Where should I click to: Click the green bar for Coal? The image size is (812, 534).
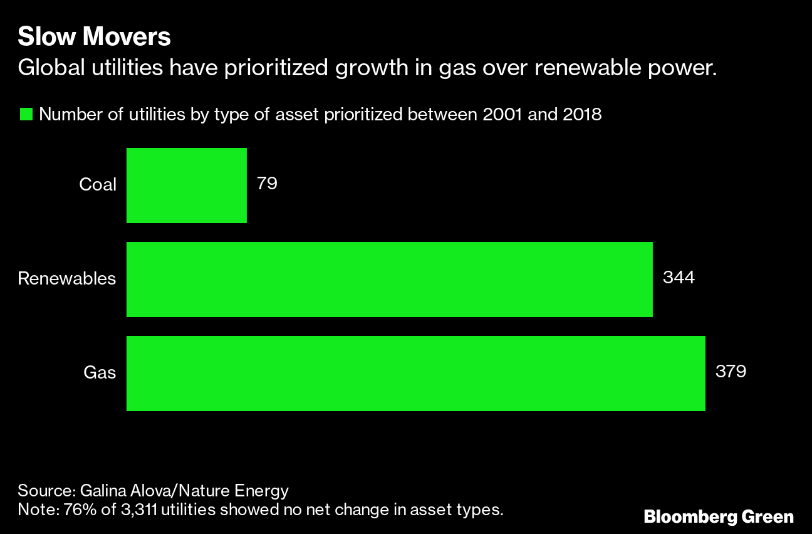[186, 185]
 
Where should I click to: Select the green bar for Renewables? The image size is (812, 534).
[389, 279]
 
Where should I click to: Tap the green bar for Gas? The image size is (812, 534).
[415, 373]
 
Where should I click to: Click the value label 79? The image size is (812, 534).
[267, 184]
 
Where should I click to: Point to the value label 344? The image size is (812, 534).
[679, 278]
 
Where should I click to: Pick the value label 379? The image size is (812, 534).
[731, 372]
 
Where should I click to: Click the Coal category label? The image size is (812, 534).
[98, 185]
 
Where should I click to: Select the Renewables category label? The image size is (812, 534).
[67, 278]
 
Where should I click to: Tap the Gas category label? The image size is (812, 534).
[100, 373]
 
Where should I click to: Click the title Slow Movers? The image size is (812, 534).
[94, 38]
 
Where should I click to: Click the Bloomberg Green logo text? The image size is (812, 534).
[719, 517]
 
